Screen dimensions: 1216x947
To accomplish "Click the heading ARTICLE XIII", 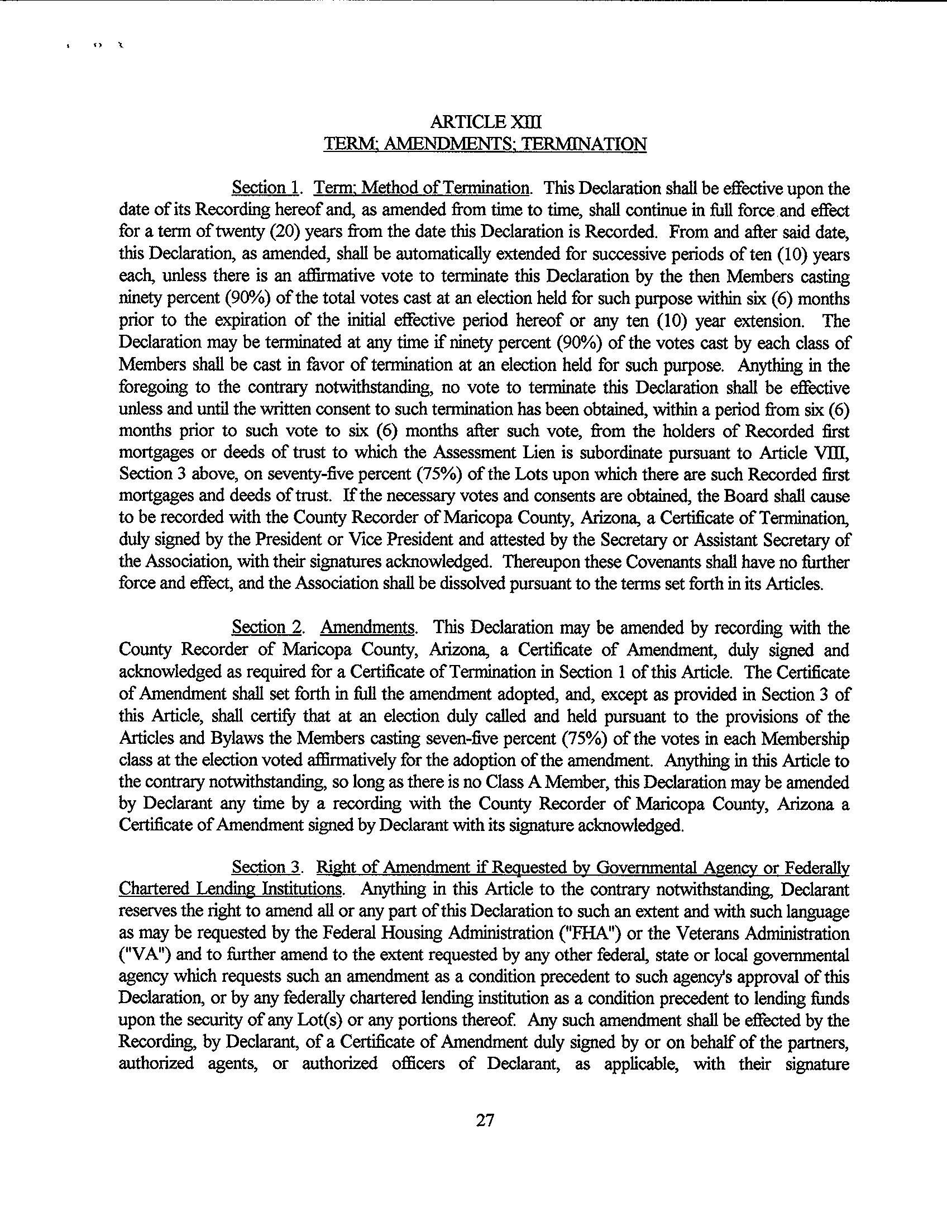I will click(485, 122).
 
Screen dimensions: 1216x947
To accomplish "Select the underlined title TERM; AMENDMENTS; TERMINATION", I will click(485, 144).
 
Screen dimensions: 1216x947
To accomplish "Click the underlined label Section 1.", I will click(266, 188).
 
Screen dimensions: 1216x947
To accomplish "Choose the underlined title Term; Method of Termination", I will click(422, 188).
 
